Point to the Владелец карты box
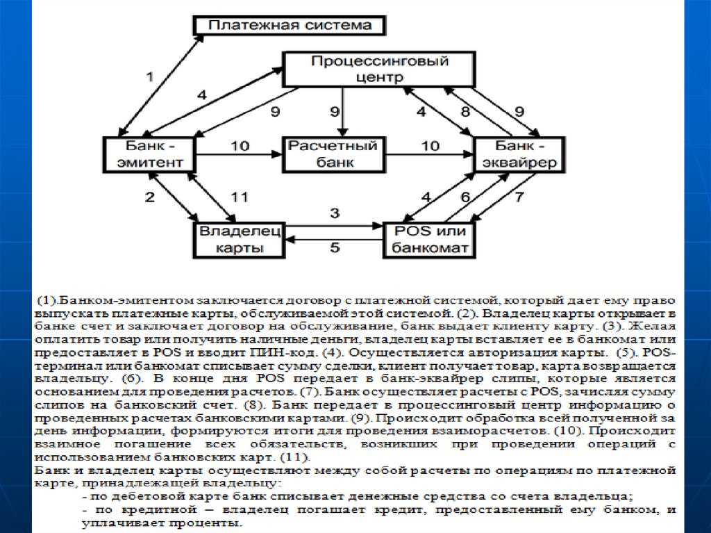tap(239, 238)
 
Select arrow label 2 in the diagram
tap(149, 197)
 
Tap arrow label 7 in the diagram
tap(518, 197)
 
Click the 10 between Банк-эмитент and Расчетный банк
tap(239, 145)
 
